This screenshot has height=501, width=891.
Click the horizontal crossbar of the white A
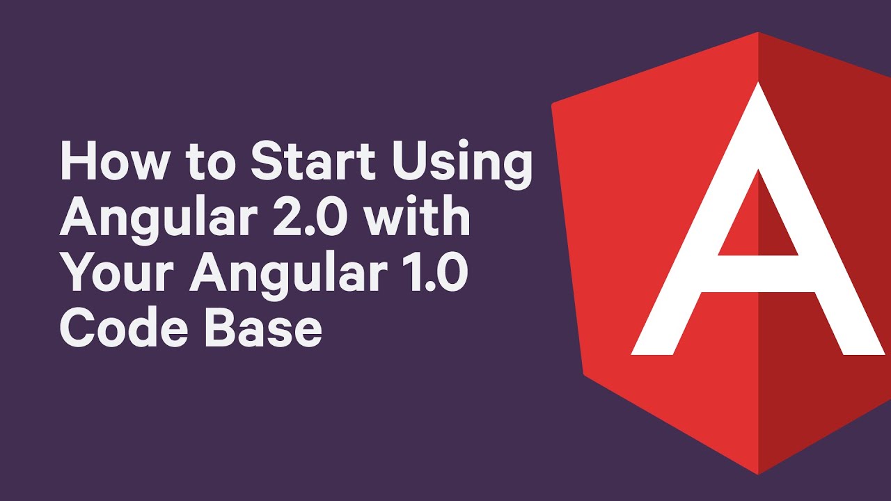coord(758,273)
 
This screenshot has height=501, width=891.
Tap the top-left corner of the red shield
coord(554,105)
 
